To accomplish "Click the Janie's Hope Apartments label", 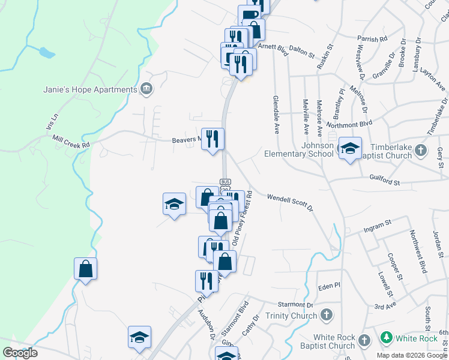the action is coord(90,90).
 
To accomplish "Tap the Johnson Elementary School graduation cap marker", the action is coord(349,149).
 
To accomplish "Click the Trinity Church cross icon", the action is coord(326,314).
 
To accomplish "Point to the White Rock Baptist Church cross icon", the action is coord(364,341).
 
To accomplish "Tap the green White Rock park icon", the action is coord(387,338).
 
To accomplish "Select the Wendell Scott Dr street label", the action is coord(291,201).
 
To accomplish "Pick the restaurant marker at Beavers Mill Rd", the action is coord(212,139).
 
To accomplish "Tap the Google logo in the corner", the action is coord(20,353).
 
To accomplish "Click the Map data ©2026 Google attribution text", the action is coord(412,355).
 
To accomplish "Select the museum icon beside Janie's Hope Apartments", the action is coord(146,90).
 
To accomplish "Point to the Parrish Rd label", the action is coord(372,39).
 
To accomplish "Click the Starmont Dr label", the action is coord(292,306).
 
